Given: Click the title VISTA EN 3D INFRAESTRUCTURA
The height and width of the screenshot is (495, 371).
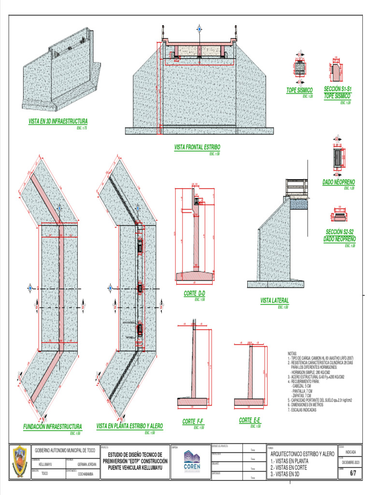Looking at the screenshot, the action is pyautogui.click(x=58, y=121).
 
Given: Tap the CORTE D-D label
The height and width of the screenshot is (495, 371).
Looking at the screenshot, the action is pyautogui.click(x=195, y=294).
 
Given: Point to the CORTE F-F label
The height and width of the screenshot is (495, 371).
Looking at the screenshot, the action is pyautogui.click(x=193, y=422).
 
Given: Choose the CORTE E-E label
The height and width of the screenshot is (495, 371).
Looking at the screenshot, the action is pyautogui.click(x=250, y=421).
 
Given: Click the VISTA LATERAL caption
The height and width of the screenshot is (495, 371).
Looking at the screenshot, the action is pyautogui.click(x=274, y=301).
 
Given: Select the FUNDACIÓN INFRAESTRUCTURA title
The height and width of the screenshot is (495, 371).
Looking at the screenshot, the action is pyautogui.click(x=53, y=427).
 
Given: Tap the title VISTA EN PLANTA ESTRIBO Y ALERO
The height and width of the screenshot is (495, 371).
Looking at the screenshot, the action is pyautogui.click(x=129, y=426).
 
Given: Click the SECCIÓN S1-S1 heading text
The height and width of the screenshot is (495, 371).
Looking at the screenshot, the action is pyautogui.click(x=338, y=89).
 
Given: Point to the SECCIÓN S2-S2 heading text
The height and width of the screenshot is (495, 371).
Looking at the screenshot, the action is pyautogui.click(x=341, y=232).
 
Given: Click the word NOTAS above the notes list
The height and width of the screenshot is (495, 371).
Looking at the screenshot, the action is pyautogui.click(x=292, y=353).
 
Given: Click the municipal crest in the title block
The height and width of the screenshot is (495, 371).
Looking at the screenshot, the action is pyautogui.click(x=20, y=461).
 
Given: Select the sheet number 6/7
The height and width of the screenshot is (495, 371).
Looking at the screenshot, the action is pyautogui.click(x=352, y=474).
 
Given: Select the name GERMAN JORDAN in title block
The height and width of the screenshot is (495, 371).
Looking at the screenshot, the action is pyautogui.click(x=87, y=463).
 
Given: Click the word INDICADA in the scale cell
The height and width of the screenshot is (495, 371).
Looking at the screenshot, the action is pyautogui.click(x=351, y=452).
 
